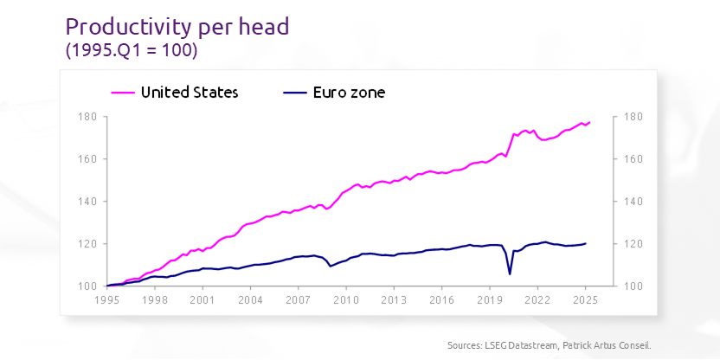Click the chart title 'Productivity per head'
[177, 26]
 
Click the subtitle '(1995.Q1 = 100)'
[132, 51]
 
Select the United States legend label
[189, 92]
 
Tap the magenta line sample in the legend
[123, 92]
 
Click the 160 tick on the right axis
[632, 159]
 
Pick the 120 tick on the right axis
[632, 244]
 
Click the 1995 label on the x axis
[106, 300]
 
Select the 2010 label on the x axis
[346, 300]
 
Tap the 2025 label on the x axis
[585, 300]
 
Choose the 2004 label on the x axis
[250, 300]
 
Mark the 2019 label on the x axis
[490, 300]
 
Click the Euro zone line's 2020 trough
[510, 273]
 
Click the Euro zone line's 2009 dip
[331, 265]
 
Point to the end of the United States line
[589, 122]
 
